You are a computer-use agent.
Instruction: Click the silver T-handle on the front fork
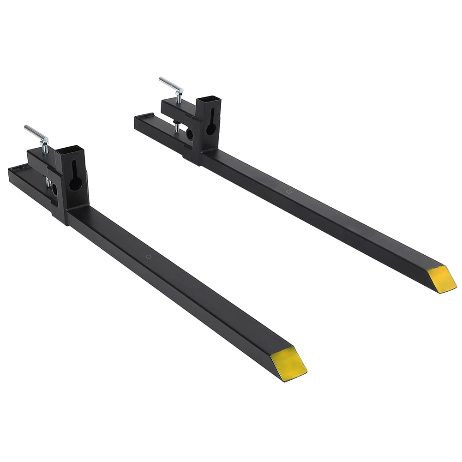(37, 134)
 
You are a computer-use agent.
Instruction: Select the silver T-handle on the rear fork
(171, 85)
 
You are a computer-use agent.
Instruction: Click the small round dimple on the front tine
(148, 257)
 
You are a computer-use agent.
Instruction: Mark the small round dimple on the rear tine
(288, 191)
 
